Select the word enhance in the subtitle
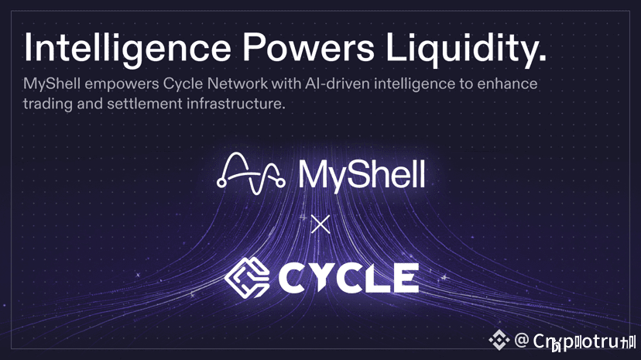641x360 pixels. pos(510,84)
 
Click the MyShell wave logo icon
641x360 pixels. pos(246,171)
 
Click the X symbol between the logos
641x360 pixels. pos(320,225)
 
